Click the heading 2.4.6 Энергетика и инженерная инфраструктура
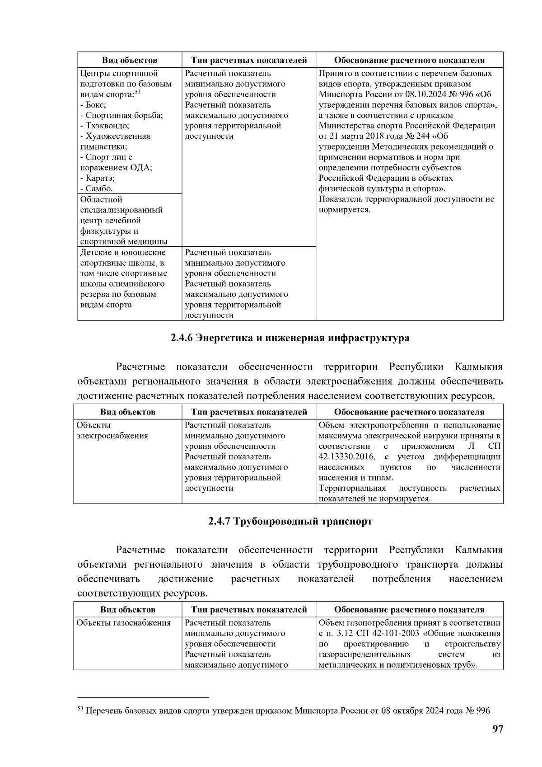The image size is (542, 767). pos(290,338)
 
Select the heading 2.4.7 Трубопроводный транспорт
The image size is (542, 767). pos(290,521)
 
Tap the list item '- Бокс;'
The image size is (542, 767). pos(93,105)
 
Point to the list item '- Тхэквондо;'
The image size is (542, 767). pos(105,126)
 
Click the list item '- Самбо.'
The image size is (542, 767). pos(96,188)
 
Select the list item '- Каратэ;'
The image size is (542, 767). pos(97,178)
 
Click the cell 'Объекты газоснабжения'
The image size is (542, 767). pos(124,623)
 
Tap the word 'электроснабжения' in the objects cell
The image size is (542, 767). pos(112,436)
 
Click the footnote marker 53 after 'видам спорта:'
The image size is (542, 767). pos(138,92)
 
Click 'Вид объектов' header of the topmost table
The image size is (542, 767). pos(129,60)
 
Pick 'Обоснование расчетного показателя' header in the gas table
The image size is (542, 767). pos(409,609)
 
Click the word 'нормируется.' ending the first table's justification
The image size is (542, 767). pos(345,210)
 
